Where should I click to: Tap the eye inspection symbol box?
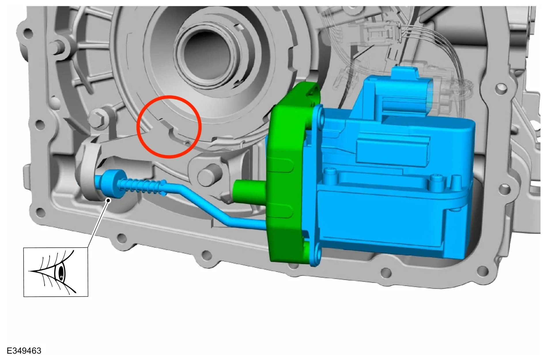[x=56, y=272]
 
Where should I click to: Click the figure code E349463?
[x=24, y=351]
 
